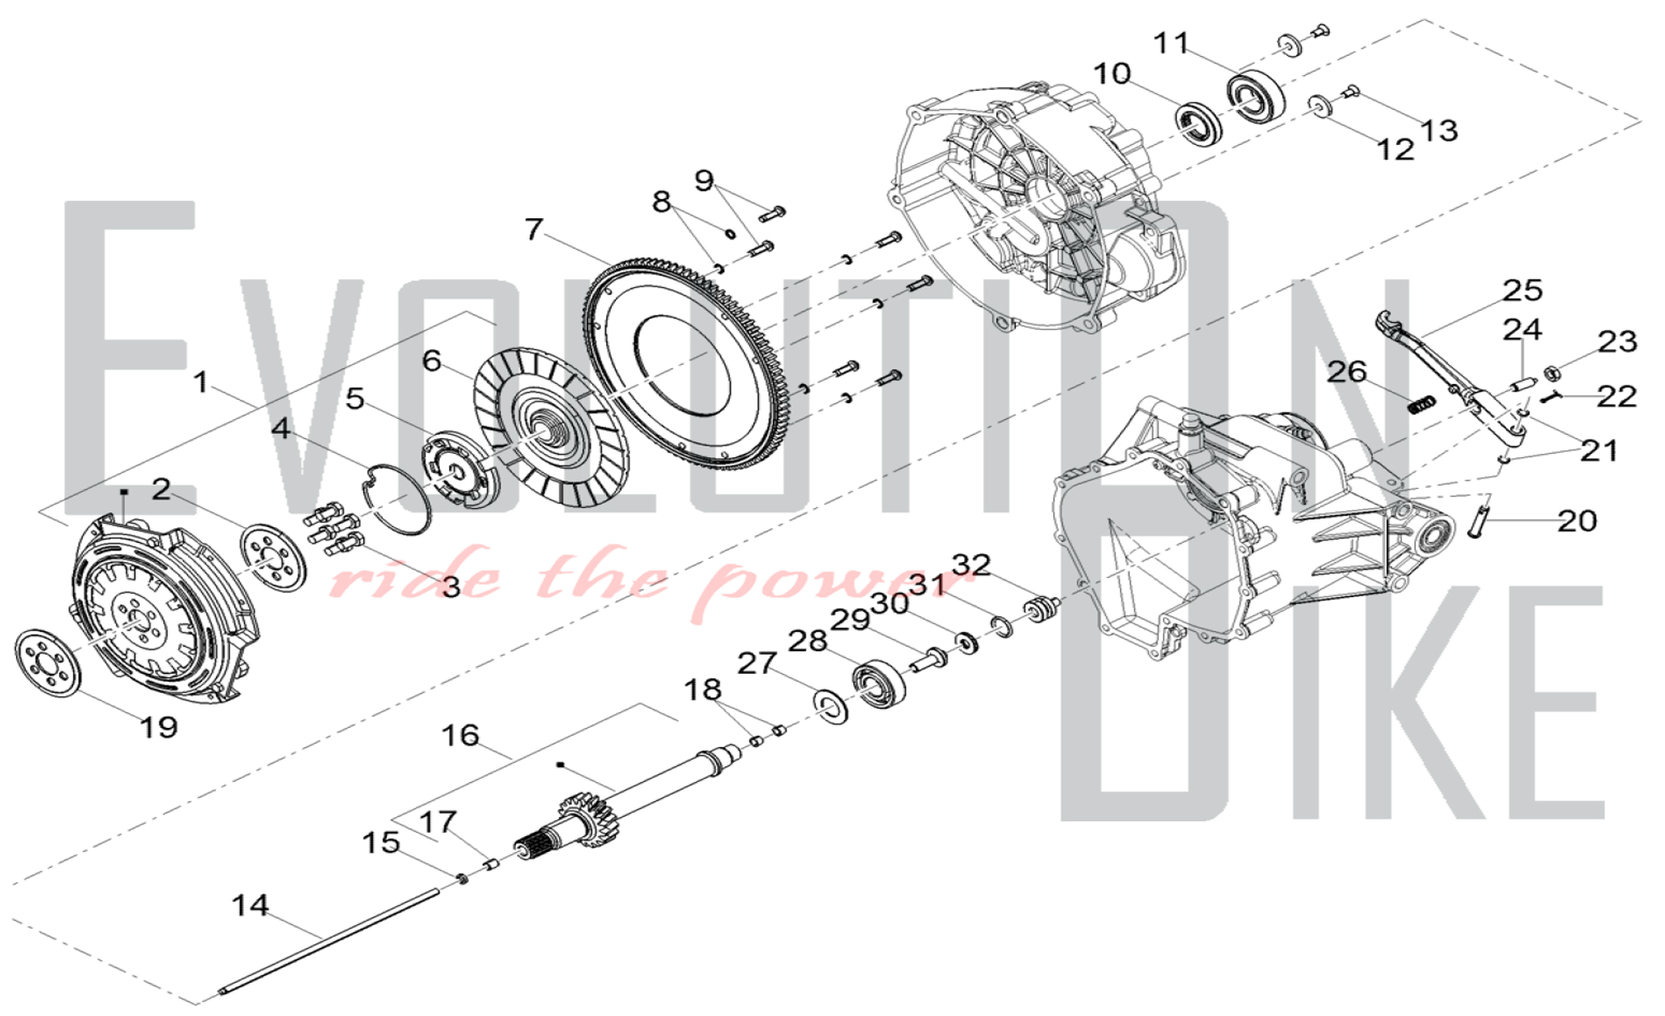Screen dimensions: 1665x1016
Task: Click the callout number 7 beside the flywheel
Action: click(x=534, y=228)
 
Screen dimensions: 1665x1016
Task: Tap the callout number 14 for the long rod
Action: click(x=251, y=905)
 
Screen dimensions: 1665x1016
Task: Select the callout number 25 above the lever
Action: click(x=1523, y=290)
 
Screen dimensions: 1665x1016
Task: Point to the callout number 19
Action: click(x=158, y=727)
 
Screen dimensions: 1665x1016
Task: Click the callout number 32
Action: click(x=972, y=565)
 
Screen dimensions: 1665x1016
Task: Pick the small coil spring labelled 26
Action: click(x=1423, y=404)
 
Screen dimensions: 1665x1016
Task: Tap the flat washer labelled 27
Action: click(x=831, y=706)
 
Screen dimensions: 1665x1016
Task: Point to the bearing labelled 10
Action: click(x=1200, y=123)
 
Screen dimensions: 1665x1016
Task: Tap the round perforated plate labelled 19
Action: click(x=49, y=664)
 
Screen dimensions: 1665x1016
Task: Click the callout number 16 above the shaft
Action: click(x=460, y=735)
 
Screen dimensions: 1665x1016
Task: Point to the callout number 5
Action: click(x=355, y=398)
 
